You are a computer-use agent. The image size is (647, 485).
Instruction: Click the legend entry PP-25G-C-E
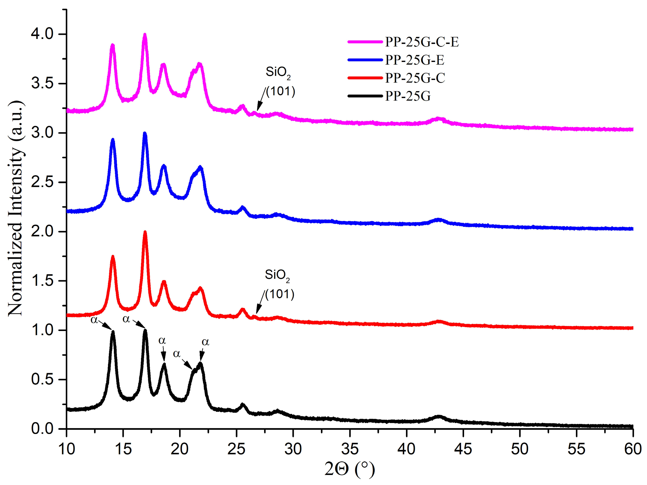pyautogui.click(x=422, y=42)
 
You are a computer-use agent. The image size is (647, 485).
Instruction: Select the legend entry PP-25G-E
pyautogui.click(x=414, y=60)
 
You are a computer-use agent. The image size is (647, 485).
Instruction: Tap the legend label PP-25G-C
pyautogui.click(x=415, y=78)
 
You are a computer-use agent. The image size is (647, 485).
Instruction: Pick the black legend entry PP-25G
pyautogui.click(x=407, y=96)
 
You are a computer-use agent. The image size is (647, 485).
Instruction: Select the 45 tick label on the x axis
pyautogui.click(x=463, y=449)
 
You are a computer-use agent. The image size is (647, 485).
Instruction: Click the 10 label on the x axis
pyautogui.click(x=67, y=449)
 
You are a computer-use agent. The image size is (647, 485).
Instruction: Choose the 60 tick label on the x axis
pyautogui.click(x=633, y=449)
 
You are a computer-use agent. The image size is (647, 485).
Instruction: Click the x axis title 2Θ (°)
pyautogui.click(x=349, y=469)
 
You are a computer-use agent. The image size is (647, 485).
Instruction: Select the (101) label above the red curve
pyautogui.click(x=279, y=294)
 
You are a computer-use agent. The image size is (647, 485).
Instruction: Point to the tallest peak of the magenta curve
pyautogui.click(x=145, y=35)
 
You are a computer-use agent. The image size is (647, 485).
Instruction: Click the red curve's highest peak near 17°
pyautogui.click(x=145, y=232)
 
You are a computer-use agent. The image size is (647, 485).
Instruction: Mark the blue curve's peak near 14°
pyautogui.click(x=112, y=140)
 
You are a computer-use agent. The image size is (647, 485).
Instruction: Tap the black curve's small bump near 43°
pyautogui.click(x=439, y=417)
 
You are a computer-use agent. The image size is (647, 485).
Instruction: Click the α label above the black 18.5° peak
pyautogui.click(x=162, y=341)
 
